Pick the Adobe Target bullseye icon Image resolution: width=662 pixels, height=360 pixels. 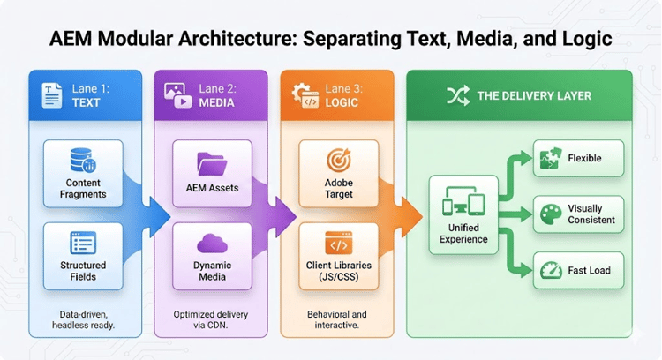(340, 161)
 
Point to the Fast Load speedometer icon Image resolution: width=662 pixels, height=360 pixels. (551, 269)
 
